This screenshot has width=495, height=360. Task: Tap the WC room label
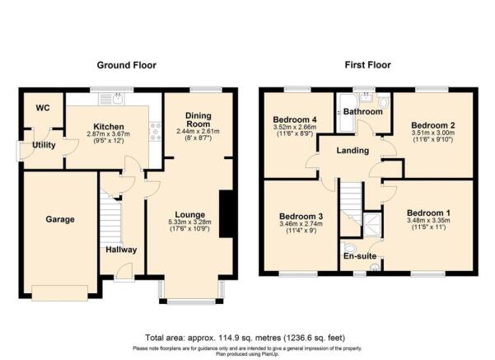point(42,108)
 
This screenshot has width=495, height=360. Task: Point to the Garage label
point(60,219)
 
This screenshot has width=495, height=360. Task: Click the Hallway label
point(120,250)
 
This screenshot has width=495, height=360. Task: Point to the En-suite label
point(359,257)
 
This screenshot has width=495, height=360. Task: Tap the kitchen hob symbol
point(153,129)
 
